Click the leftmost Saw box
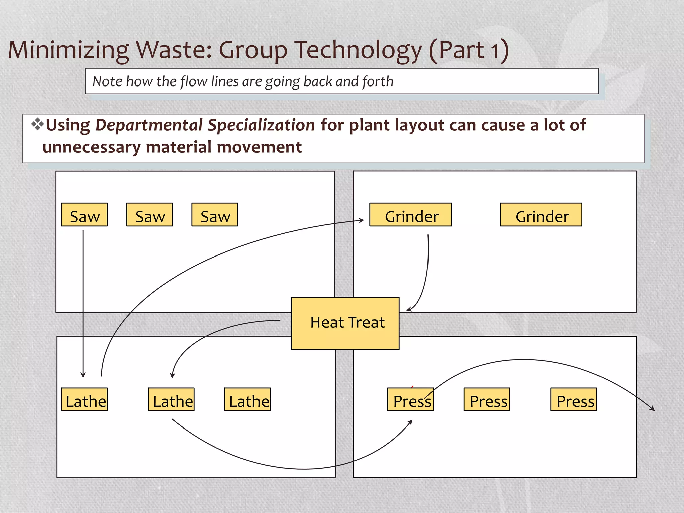(x=84, y=215)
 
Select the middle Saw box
(x=149, y=215)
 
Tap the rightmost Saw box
(x=215, y=215)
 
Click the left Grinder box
(x=410, y=215)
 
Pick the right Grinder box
(x=541, y=215)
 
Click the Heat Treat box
(x=345, y=323)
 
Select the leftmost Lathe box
(x=84, y=399)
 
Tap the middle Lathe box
(x=171, y=399)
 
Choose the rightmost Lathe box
(x=247, y=399)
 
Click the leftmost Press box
(x=410, y=399)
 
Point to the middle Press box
(x=487, y=399)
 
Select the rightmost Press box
(x=574, y=399)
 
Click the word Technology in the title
(x=358, y=50)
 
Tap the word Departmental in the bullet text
(x=149, y=125)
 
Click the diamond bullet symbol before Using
(x=37, y=124)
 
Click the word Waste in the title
(x=174, y=50)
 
